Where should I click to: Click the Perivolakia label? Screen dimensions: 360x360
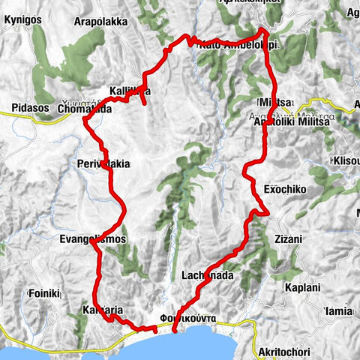click(x=103, y=163)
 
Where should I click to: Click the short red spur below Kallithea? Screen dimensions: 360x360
click(x=142, y=100)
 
